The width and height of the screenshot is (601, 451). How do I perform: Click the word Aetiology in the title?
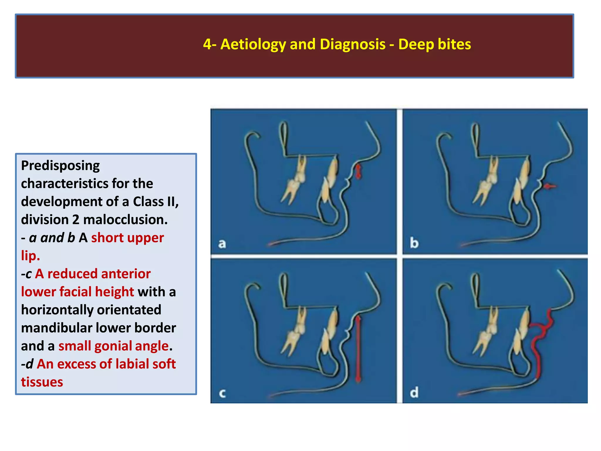click(x=253, y=45)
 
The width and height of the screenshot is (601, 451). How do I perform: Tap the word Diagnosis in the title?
click(x=352, y=45)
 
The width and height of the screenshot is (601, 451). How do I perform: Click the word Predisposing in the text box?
click(x=60, y=166)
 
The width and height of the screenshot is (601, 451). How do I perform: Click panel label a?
click(x=222, y=244)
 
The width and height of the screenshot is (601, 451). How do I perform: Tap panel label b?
click(x=414, y=243)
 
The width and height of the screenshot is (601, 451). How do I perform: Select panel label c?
click(x=222, y=393)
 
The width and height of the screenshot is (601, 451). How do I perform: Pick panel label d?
click(x=414, y=393)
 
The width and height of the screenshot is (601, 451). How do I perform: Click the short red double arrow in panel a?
click(x=358, y=171)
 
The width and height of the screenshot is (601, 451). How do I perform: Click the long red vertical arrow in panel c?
click(x=358, y=349)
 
